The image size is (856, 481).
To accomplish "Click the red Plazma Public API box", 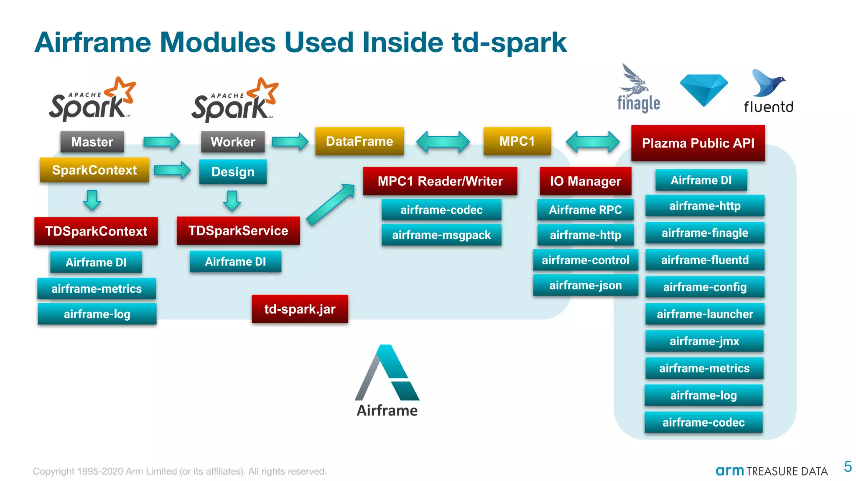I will click(x=698, y=143).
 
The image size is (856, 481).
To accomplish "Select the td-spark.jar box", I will click(x=300, y=309).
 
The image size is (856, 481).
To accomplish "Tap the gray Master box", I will click(x=92, y=142).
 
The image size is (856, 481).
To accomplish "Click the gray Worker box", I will click(x=233, y=142).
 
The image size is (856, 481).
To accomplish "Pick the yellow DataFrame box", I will click(x=359, y=141).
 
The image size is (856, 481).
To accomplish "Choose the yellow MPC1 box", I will click(x=517, y=141).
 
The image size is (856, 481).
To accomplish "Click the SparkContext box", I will click(x=94, y=170).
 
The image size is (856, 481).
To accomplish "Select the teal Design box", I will click(x=233, y=172).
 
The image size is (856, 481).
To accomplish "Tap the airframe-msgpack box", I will click(x=441, y=235).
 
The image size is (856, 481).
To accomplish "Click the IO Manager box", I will click(x=585, y=181).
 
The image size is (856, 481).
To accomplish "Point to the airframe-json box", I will click(x=585, y=285).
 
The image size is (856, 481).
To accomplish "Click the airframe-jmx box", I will click(x=704, y=341).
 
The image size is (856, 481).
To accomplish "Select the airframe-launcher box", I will click(x=705, y=314).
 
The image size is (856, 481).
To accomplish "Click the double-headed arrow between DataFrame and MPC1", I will click(x=443, y=142).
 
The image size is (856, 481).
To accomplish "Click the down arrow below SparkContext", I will click(x=92, y=200).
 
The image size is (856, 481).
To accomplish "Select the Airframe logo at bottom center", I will click(x=387, y=380).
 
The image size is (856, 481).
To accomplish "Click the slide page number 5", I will click(x=848, y=466).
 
